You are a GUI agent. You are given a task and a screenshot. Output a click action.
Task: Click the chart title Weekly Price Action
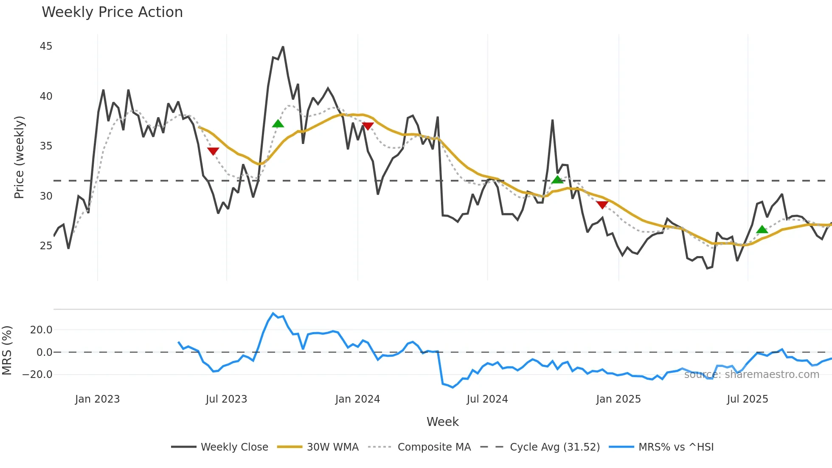[x=112, y=12]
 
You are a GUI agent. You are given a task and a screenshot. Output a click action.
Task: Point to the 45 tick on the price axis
[x=46, y=46]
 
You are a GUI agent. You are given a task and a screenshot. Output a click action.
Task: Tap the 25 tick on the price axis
[x=46, y=246]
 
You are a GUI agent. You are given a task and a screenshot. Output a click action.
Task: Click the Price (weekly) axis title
[x=19, y=157]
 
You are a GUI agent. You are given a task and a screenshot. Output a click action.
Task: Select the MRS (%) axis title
[x=7, y=351]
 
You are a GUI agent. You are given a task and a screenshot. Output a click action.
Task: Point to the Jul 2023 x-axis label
[x=226, y=399]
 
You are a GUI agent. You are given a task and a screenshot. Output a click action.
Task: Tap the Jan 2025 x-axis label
[x=618, y=399]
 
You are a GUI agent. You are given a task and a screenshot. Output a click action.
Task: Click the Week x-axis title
[x=442, y=422]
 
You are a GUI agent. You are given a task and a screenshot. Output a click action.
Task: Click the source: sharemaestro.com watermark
[x=751, y=375]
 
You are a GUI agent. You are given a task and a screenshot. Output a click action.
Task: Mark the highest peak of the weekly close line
[x=283, y=47]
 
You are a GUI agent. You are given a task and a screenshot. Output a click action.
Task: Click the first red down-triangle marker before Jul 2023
[x=213, y=151]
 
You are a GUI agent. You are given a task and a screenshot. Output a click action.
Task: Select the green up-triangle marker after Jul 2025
[x=762, y=230]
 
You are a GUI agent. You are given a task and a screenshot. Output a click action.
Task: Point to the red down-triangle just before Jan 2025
[x=602, y=205]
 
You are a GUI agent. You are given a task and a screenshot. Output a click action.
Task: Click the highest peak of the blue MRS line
[x=273, y=313]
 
